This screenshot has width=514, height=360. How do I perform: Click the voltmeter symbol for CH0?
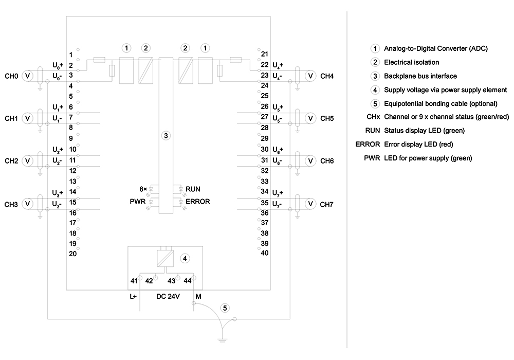(28, 76)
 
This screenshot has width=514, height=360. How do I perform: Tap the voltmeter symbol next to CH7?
(310, 204)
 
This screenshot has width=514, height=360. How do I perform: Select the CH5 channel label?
(327, 118)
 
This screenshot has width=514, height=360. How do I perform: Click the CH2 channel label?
(11, 161)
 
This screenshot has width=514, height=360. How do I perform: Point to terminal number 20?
(73, 254)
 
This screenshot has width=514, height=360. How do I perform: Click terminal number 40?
(265, 253)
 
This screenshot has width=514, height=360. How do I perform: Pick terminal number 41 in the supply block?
(134, 281)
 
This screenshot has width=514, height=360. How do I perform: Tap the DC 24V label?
(168, 296)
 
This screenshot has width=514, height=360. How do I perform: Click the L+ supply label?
(133, 296)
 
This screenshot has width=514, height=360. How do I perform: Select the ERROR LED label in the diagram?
(198, 202)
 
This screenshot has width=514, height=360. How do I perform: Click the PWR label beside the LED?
(138, 202)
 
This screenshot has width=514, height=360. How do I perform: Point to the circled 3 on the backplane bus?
(166, 135)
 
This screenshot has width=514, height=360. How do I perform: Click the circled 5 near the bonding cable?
(225, 308)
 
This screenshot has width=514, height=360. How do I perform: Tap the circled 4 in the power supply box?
(185, 258)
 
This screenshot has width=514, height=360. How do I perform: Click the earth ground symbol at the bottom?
(222, 339)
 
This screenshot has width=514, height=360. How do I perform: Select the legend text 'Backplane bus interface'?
(420, 76)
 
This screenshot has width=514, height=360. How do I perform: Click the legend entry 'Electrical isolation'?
(411, 62)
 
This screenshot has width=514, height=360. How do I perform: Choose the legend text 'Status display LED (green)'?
(424, 131)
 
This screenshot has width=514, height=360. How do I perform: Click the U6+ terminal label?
(278, 150)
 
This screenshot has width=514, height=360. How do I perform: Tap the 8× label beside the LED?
(143, 189)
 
